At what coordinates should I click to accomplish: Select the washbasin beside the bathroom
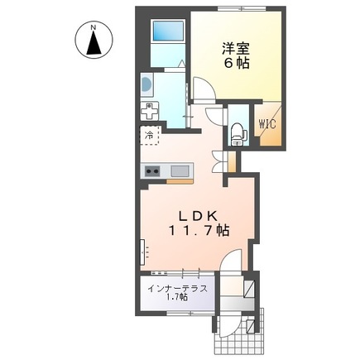click(x=147, y=84)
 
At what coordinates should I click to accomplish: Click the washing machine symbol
click(x=149, y=111)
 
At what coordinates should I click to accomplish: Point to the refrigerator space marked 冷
click(x=150, y=134)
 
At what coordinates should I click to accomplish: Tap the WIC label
click(x=267, y=125)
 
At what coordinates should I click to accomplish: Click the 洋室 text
click(x=236, y=48)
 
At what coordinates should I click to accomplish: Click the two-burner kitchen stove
click(x=154, y=171)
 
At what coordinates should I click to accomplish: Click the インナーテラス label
click(x=176, y=289)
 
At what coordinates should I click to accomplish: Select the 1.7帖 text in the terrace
click(x=176, y=299)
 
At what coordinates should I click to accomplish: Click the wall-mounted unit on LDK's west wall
click(x=144, y=249)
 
